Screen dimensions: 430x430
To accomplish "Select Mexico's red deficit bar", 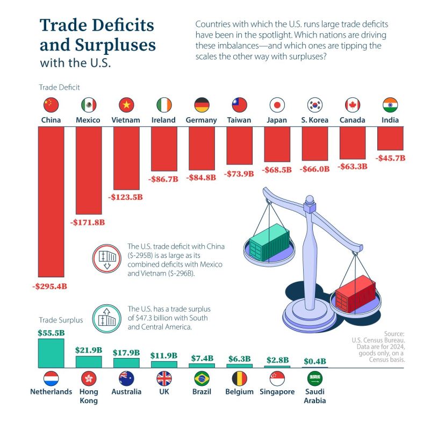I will pyautogui.click(x=88, y=169).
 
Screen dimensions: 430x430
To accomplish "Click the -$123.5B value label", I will pyautogui.click(x=126, y=197).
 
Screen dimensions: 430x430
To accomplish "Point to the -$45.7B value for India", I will pyautogui.click(x=390, y=159).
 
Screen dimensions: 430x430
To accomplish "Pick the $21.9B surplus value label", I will pyautogui.click(x=88, y=349).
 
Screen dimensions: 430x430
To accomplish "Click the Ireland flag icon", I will pyautogui.click(x=164, y=104).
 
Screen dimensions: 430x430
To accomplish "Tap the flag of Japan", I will pyautogui.click(x=277, y=104).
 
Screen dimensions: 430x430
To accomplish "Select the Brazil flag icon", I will pyautogui.click(x=202, y=378).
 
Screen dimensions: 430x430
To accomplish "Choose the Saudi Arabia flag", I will pyautogui.click(x=314, y=378).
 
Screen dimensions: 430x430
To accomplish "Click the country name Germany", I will pyautogui.click(x=202, y=120).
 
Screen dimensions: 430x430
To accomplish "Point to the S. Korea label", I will pyautogui.click(x=314, y=120).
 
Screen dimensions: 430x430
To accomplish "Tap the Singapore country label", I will pyautogui.click(x=277, y=392).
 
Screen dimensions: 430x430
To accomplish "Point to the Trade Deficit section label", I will pyautogui.click(x=59, y=87).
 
